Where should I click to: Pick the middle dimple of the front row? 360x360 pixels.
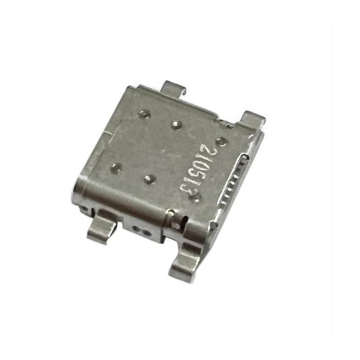click(x=149, y=179)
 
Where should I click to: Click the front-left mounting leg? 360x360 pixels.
click(x=102, y=229)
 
